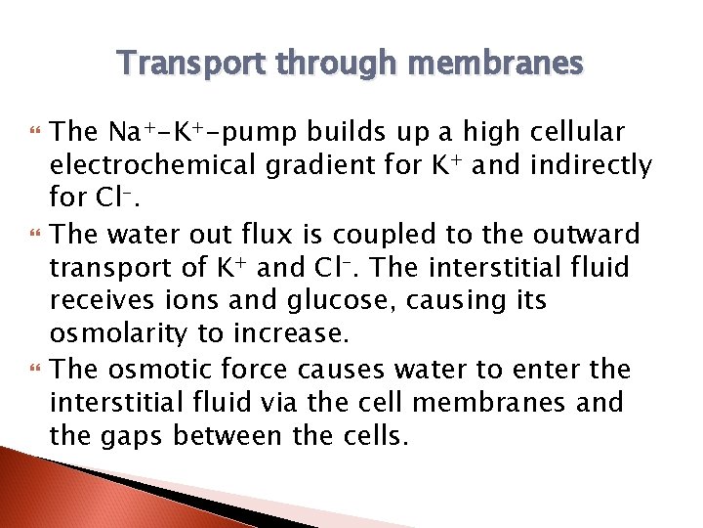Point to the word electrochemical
(154, 165)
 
